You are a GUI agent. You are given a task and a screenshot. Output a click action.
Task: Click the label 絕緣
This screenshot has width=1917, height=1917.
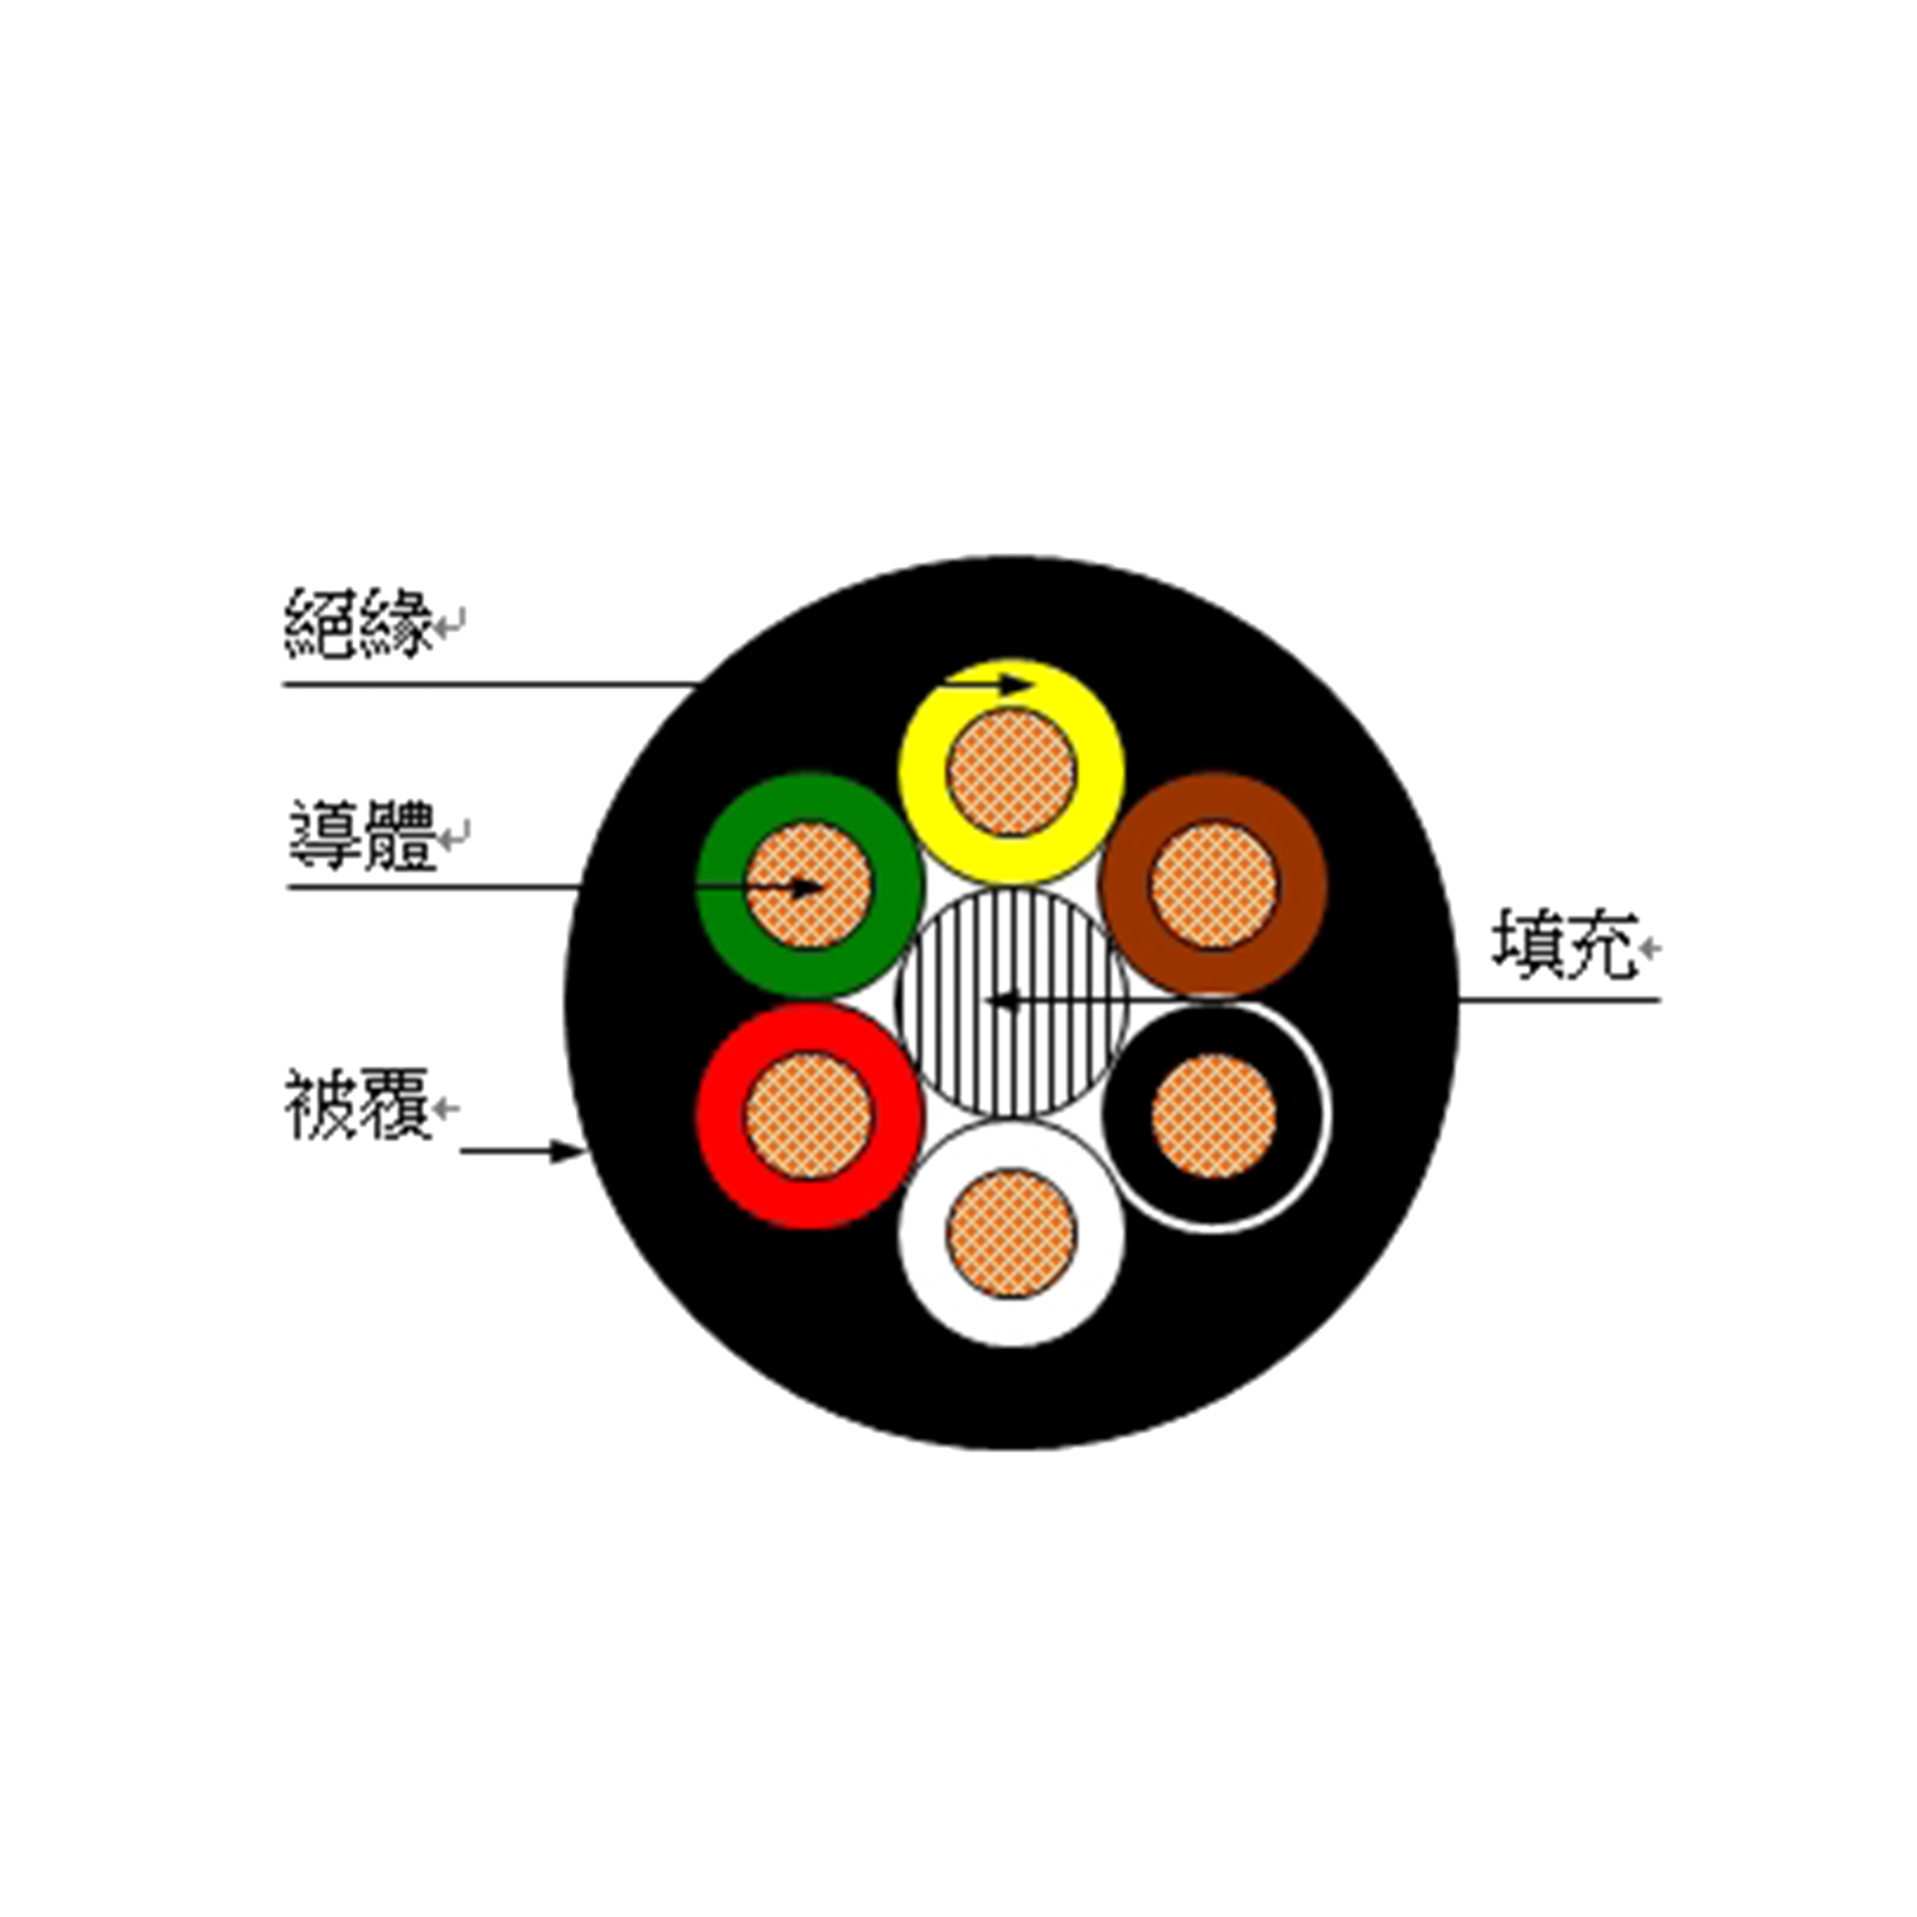click(359, 623)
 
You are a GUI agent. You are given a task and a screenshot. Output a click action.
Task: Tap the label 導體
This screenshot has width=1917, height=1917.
click(362, 836)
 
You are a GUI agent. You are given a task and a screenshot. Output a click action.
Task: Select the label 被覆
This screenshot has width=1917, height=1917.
click(357, 1105)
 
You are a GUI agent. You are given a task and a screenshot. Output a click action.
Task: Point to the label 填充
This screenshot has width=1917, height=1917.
click(1565, 944)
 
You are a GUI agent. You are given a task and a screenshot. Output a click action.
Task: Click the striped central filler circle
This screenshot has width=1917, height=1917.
click(1011, 1002)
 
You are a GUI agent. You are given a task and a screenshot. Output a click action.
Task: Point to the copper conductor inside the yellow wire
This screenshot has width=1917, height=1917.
click(1011, 772)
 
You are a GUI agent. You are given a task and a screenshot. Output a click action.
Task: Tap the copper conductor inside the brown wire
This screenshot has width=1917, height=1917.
click(1214, 885)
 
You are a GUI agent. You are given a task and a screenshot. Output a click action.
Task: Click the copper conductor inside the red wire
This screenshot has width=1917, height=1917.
click(810, 1116)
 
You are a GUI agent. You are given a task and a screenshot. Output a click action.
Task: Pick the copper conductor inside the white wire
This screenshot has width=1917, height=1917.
click(1011, 1233)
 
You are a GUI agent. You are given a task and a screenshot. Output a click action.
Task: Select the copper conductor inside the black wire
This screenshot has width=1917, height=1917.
click(1214, 1116)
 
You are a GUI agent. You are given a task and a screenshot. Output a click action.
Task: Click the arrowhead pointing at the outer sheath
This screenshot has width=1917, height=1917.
click(569, 1151)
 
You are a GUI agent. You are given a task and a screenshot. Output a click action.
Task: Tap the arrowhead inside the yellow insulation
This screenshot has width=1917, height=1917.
click(1015, 684)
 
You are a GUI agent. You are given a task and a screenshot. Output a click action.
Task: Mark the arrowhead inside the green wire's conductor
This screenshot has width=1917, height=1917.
click(807, 887)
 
